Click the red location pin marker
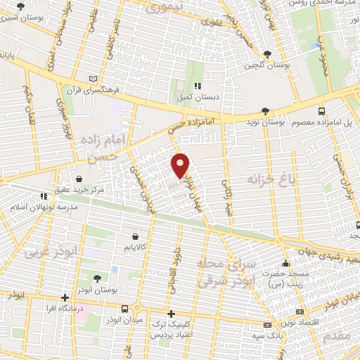[181, 166]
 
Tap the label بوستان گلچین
[267, 66]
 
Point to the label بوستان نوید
[266, 122]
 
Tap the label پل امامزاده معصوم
[323, 122]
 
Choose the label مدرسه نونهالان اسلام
[36, 208]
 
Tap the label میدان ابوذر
[126, 320]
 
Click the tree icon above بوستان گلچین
[267, 53]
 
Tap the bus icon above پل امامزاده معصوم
[321, 110]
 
